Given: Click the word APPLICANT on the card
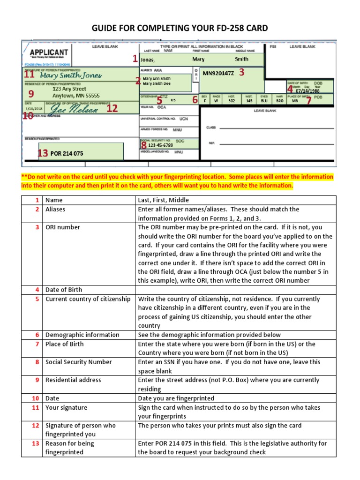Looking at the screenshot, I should click(x=49, y=53).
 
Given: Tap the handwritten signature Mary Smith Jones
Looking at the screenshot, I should click(x=71, y=75).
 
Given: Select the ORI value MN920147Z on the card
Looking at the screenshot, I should click(x=218, y=73).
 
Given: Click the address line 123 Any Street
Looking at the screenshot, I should click(x=69, y=88).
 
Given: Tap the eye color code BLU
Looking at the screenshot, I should click(x=264, y=100).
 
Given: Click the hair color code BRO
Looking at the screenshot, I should click(x=279, y=100).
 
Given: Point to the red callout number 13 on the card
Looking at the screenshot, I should click(x=43, y=153).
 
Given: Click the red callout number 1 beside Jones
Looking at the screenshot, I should click(x=135, y=59).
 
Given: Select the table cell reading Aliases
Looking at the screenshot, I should click(x=55, y=209).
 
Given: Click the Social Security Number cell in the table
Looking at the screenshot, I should click(x=79, y=362).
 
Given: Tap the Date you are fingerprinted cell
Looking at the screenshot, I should click(x=176, y=398).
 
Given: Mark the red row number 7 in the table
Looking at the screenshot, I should click(x=37, y=344).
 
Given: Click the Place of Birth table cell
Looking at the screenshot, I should click(x=65, y=344).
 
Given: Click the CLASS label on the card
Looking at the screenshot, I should click(x=211, y=127).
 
